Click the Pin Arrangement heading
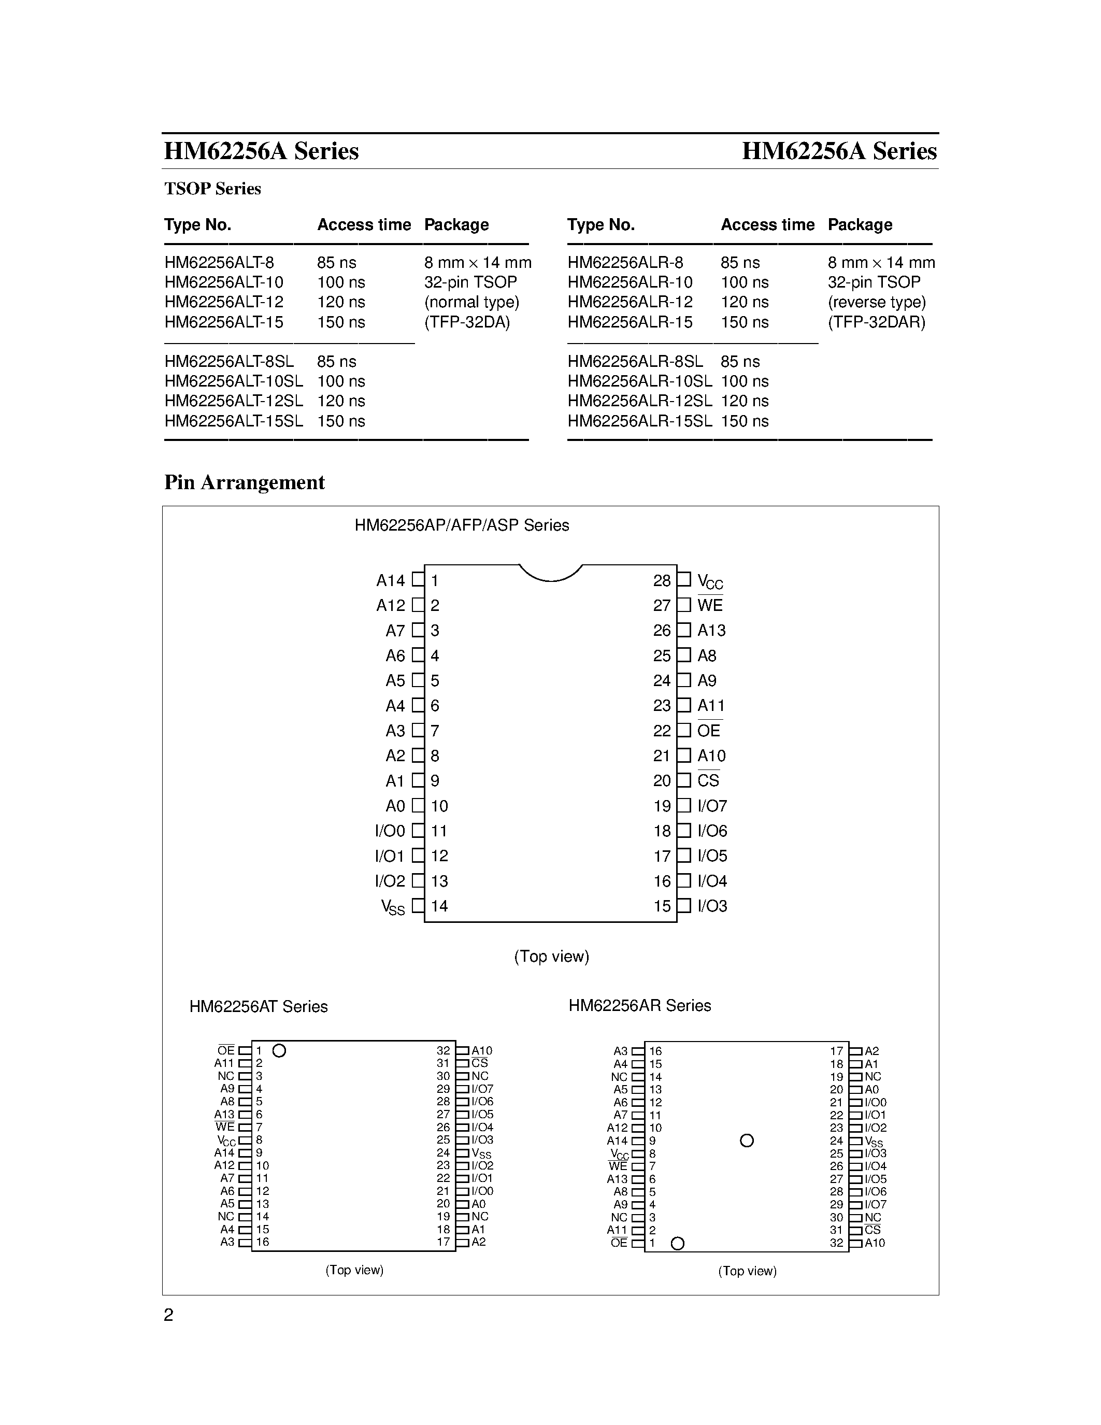point(244,482)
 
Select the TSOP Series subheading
point(212,189)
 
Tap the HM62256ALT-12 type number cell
point(224,302)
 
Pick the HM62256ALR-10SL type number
point(639,381)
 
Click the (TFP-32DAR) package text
point(876,322)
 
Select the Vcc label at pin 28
point(710,581)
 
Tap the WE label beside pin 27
point(710,605)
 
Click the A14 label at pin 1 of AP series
point(390,580)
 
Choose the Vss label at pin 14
point(393,907)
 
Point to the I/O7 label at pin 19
point(711,806)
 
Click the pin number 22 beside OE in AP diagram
point(662,731)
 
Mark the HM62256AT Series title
point(259,1007)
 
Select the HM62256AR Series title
point(639,1005)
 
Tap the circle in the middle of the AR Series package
point(747,1141)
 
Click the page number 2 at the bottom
point(168,1315)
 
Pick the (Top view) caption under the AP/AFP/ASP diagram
point(551,957)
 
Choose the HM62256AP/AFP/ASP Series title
point(462,525)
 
